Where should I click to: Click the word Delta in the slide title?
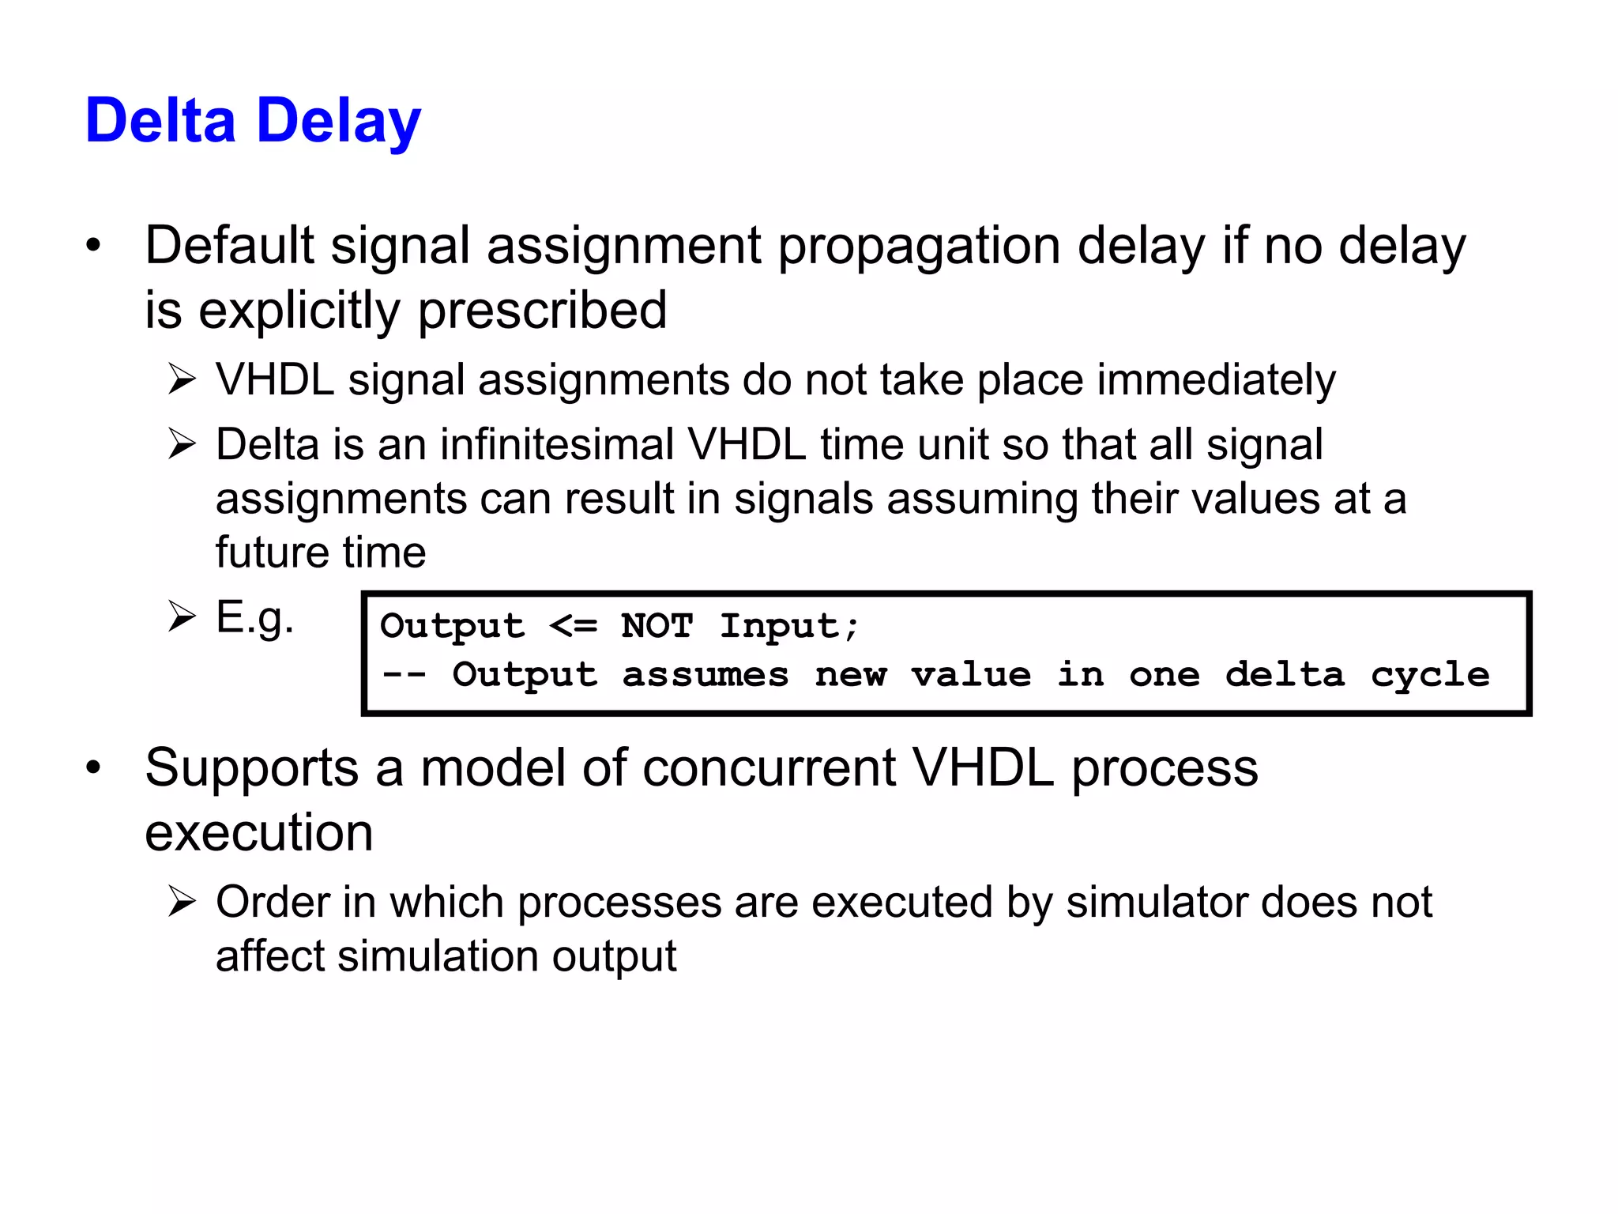click(x=160, y=121)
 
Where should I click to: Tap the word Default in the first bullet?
click(x=229, y=245)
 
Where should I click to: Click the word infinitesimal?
click(x=556, y=444)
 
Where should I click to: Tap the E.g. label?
click(x=254, y=617)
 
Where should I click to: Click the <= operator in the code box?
click(x=573, y=626)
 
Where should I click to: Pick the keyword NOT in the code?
click(x=657, y=626)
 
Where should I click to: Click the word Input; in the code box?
click(x=788, y=626)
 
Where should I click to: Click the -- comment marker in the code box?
click(x=403, y=675)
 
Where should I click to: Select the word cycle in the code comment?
click(x=1429, y=675)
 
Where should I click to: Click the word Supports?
click(x=252, y=768)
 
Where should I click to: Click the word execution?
click(x=258, y=832)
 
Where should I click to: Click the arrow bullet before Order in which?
click(x=182, y=902)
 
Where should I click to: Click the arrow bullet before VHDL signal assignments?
click(x=182, y=380)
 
